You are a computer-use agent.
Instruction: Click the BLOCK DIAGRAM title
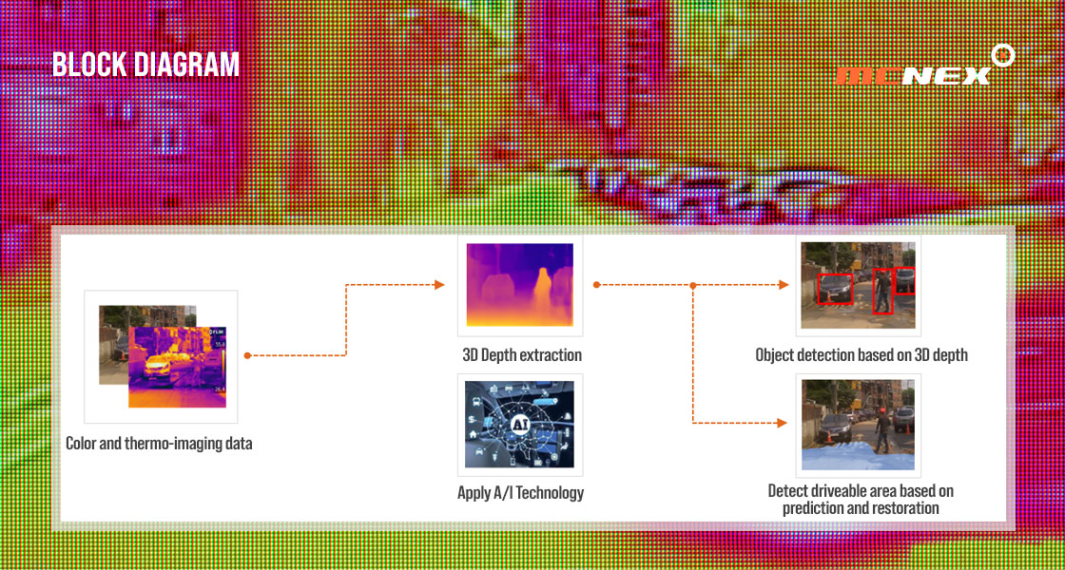pos(146,65)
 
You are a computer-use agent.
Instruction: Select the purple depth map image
pos(519,285)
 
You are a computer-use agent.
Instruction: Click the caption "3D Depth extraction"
pos(522,355)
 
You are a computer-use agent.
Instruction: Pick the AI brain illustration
pos(519,424)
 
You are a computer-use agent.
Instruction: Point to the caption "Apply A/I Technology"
pos(520,493)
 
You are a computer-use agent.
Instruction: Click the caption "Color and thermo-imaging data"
pos(159,444)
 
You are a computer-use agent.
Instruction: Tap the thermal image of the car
pos(177,367)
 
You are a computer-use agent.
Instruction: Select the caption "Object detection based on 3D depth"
pos(862,355)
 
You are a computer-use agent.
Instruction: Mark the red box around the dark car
pos(835,289)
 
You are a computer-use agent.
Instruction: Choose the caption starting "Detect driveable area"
pos(861,499)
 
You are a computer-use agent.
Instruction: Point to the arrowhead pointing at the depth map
pos(439,285)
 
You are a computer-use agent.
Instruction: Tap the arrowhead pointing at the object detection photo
pos(783,285)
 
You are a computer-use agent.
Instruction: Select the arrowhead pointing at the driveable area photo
pos(783,424)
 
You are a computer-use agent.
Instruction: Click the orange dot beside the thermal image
pos(248,355)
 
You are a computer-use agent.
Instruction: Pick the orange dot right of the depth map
pos(595,285)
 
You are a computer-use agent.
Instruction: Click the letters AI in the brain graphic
pos(519,424)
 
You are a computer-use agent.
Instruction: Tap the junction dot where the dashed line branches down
pos(693,285)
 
